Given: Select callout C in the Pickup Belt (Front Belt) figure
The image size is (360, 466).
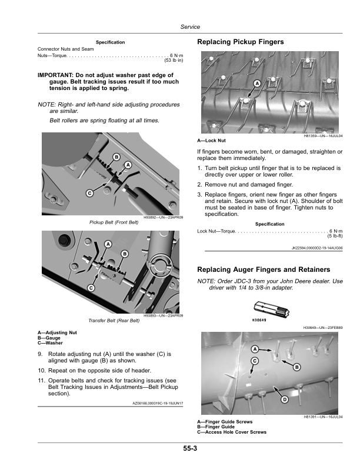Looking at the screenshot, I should (x=89, y=192).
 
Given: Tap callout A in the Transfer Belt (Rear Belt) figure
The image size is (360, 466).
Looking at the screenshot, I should (x=108, y=244).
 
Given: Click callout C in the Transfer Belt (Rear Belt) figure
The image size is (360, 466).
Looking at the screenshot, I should (x=91, y=287).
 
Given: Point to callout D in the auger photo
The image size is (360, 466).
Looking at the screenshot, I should (x=284, y=400).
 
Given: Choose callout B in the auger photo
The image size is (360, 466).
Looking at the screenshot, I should (x=296, y=367).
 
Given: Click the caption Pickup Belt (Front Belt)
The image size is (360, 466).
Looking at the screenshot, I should (x=112, y=223).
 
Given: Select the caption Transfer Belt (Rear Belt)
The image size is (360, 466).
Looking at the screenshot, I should (x=112, y=321).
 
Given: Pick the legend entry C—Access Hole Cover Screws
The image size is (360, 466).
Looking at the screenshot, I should (x=231, y=432).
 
